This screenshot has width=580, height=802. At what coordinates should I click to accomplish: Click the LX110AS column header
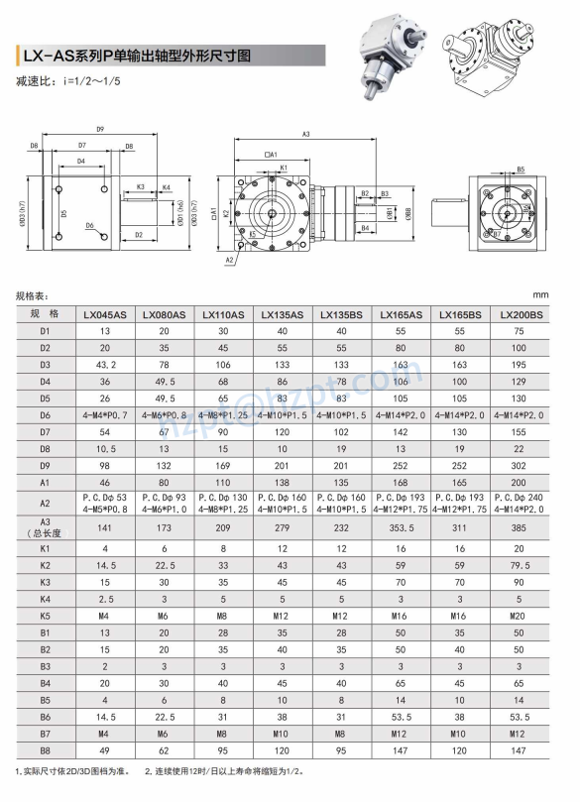coord(223,314)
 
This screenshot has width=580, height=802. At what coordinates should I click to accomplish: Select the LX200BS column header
coord(520,314)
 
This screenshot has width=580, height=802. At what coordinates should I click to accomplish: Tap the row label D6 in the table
coord(45,414)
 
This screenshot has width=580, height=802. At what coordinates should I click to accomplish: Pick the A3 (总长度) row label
coord(45,526)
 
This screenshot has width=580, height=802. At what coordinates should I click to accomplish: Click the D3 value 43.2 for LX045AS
coord(104,365)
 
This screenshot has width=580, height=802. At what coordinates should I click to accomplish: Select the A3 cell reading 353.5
coord(401,526)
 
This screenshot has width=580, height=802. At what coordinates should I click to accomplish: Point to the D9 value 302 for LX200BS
coord(520,465)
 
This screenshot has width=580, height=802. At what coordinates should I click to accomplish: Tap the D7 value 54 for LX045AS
coord(104,431)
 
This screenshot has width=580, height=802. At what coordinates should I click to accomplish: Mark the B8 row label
coord(45,750)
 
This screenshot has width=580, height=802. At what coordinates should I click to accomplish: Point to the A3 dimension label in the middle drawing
coord(305,133)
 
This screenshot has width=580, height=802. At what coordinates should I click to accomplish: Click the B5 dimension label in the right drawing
coord(520,170)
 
